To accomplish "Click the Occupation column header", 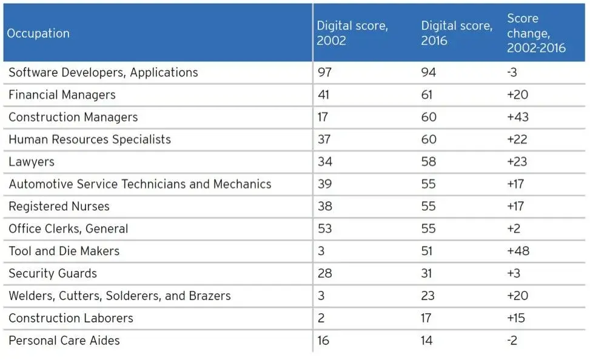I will click(38, 33).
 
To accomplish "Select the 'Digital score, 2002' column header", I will click(352, 33).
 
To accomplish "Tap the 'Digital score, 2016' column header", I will click(457, 33).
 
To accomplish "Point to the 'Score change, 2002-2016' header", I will click(536, 33).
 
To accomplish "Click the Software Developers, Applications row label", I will click(103, 73).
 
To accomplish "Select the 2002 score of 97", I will click(324, 73).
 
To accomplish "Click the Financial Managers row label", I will click(62, 95).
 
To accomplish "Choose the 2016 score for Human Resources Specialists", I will click(429, 139).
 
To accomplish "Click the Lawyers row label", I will click(32, 162).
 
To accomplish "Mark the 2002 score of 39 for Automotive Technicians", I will click(324, 184).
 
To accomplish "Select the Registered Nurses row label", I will click(59, 207).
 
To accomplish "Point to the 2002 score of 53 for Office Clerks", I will click(324, 229).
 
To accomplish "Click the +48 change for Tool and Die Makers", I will click(518, 251).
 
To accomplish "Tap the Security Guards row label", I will click(53, 273).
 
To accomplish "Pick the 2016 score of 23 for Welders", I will click(428, 296).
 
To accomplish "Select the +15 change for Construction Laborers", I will click(517, 318).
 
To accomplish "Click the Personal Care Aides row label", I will click(64, 341).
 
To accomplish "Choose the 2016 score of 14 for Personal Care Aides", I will click(427, 341).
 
